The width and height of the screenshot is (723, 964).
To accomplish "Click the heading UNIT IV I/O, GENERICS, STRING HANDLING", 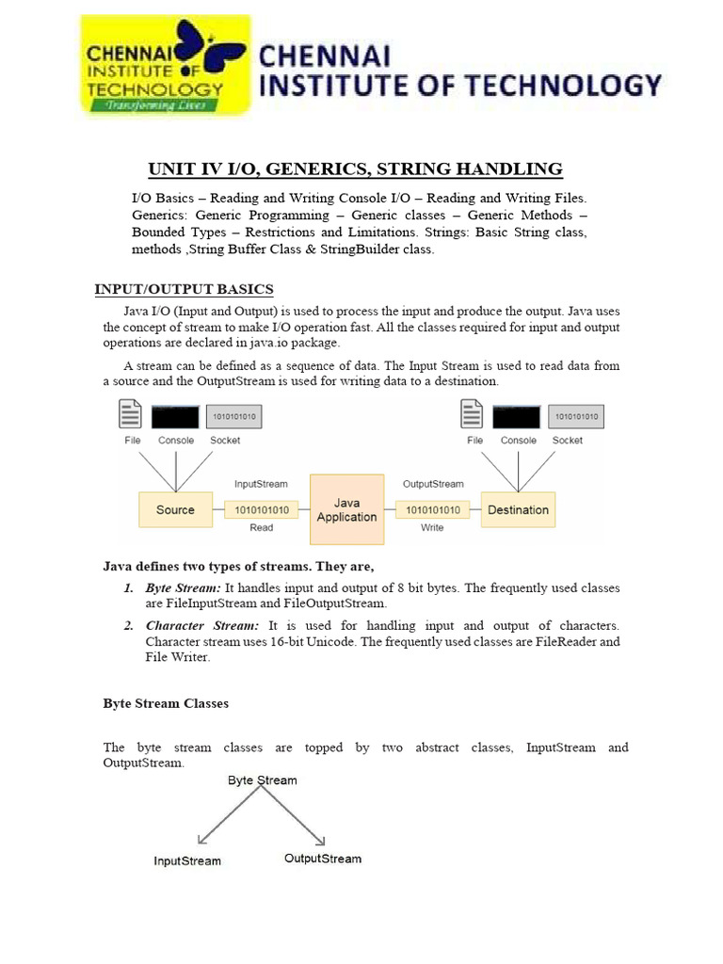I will [355, 169].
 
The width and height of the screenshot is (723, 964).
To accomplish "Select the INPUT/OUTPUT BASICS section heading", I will [185, 288].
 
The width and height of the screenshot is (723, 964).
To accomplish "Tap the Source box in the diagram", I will [175, 510].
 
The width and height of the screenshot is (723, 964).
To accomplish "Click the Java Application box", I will [346, 510].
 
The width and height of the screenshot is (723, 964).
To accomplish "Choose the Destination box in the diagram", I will [518, 510].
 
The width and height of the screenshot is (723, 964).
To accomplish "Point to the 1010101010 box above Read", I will [262, 510].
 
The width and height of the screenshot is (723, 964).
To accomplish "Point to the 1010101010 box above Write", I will [433, 510].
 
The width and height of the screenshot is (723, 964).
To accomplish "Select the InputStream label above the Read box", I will [261, 484].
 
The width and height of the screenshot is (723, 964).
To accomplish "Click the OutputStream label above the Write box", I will [433, 484].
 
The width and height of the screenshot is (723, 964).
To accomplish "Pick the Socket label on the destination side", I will [568, 441].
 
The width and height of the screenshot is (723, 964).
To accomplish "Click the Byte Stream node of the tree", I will [263, 780].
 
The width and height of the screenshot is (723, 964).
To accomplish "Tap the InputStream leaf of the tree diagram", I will [188, 860].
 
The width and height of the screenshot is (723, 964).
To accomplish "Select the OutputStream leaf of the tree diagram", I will [323, 859].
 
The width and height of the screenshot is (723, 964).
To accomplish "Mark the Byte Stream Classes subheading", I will [166, 703].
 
